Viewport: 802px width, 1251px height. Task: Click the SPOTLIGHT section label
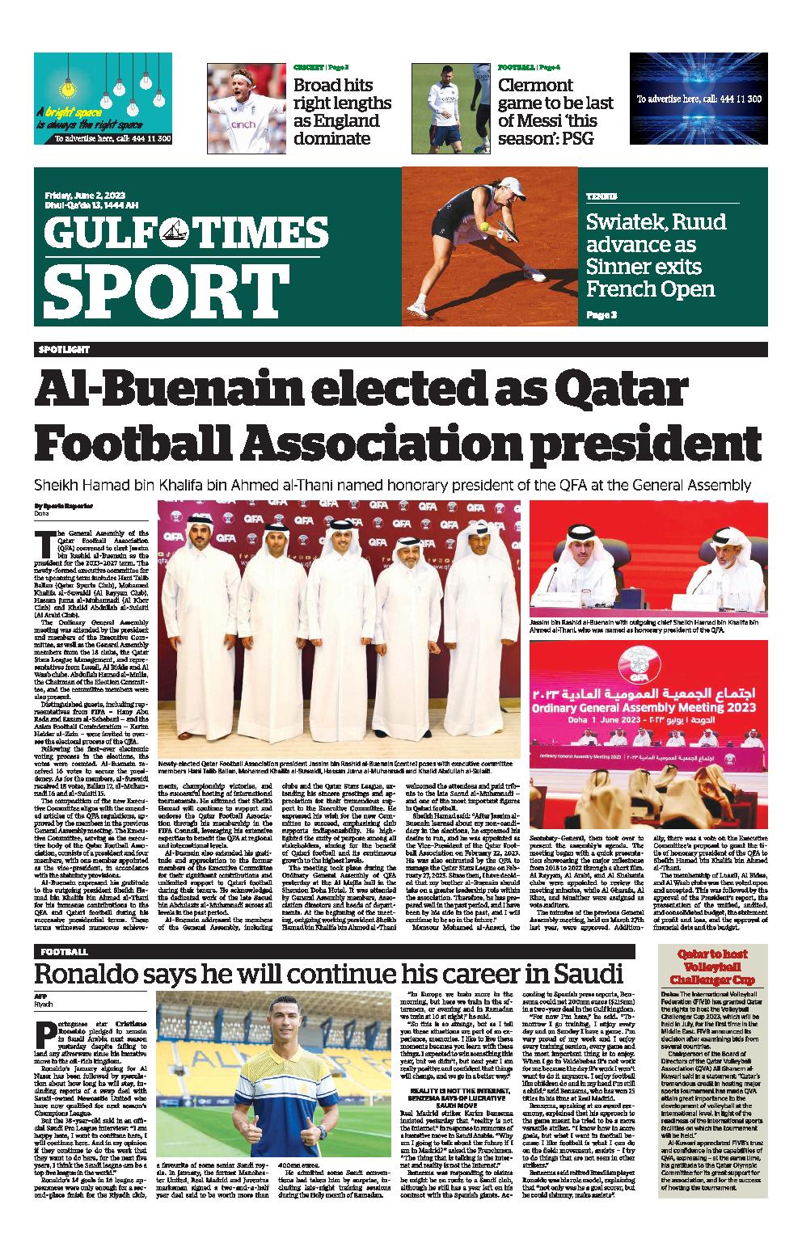62,349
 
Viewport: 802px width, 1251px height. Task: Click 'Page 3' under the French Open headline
602,315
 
